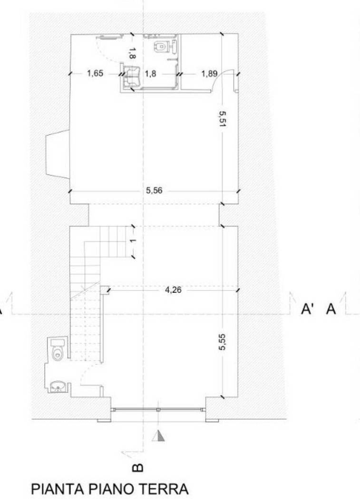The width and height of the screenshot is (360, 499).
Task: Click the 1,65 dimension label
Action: click(95, 74)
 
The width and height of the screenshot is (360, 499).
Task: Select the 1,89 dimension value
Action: click(209, 74)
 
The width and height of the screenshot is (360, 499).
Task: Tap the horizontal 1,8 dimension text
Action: click(150, 74)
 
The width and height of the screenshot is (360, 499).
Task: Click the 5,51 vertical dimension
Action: click(222, 119)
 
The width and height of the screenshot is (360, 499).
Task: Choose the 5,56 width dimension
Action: click(154, 190)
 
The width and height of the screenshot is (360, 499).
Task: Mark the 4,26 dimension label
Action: click(173, 290)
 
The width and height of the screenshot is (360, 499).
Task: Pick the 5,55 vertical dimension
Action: click(222, 342)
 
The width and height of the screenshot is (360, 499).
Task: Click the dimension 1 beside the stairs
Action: click(133, 240)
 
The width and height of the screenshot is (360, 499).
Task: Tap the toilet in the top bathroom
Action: click(160, 47)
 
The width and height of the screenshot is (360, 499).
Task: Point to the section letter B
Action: click(137, 468)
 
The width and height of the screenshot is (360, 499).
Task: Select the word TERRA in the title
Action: click(164, 489)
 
